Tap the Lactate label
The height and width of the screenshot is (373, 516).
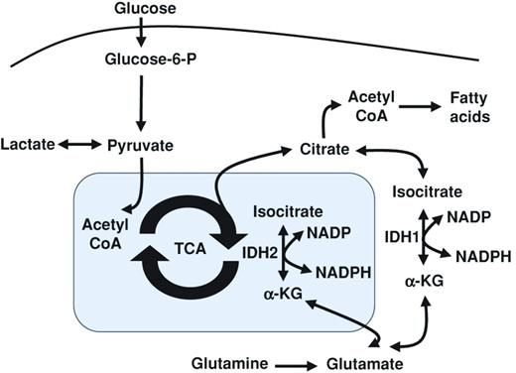click(x=31, y=146)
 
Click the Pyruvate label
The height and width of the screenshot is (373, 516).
click(x=140, y=146)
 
